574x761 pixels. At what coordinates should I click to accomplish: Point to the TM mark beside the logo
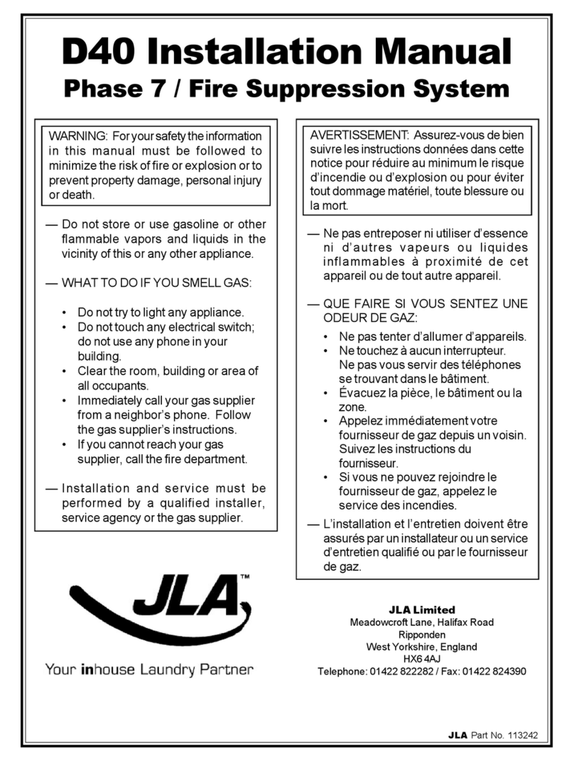245,577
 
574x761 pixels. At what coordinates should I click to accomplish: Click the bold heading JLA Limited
422,610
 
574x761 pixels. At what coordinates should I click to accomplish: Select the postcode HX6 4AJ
422,659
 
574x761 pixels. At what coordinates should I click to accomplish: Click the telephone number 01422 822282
400,671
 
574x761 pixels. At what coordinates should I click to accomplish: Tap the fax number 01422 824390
494,671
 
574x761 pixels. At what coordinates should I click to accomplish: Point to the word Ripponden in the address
422,635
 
